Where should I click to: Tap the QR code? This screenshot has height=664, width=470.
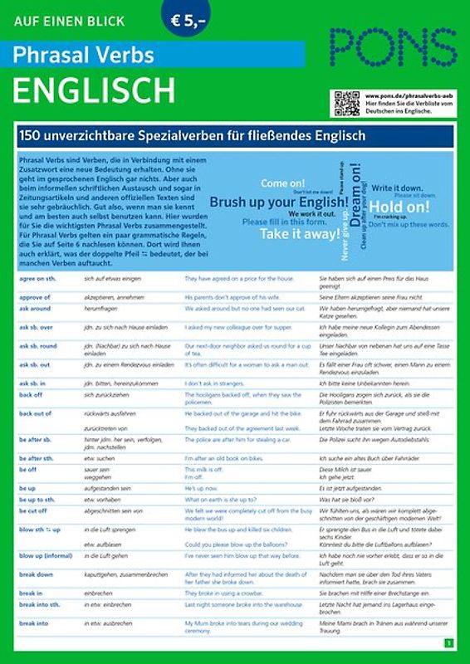tap(346, 103)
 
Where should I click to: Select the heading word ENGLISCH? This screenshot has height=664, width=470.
tap(93, 89)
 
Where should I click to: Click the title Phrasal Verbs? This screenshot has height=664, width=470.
tap(83, 55)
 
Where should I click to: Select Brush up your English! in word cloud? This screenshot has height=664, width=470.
tap(278, 202)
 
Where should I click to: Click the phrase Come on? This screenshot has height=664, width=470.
tap(282, 183)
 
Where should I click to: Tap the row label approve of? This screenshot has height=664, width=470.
tap(34, 296)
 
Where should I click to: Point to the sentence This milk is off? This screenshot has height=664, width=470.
tap(204, 469)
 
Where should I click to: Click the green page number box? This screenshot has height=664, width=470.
tap(448, 642)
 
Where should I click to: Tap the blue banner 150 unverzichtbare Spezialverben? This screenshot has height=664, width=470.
tap(235, 135)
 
